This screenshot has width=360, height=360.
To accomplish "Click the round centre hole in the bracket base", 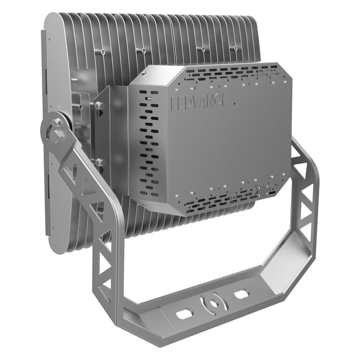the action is point(214,304).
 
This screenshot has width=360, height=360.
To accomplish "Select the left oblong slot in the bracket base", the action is point(184,314).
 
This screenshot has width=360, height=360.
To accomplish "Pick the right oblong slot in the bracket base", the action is point(241,294).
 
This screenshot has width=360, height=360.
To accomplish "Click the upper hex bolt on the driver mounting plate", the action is point(100,105).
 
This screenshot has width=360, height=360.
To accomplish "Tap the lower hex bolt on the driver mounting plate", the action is point(100,162).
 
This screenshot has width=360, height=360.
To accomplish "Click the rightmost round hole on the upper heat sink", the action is point(235,48).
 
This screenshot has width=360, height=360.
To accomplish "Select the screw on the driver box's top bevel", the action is point(144,73).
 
